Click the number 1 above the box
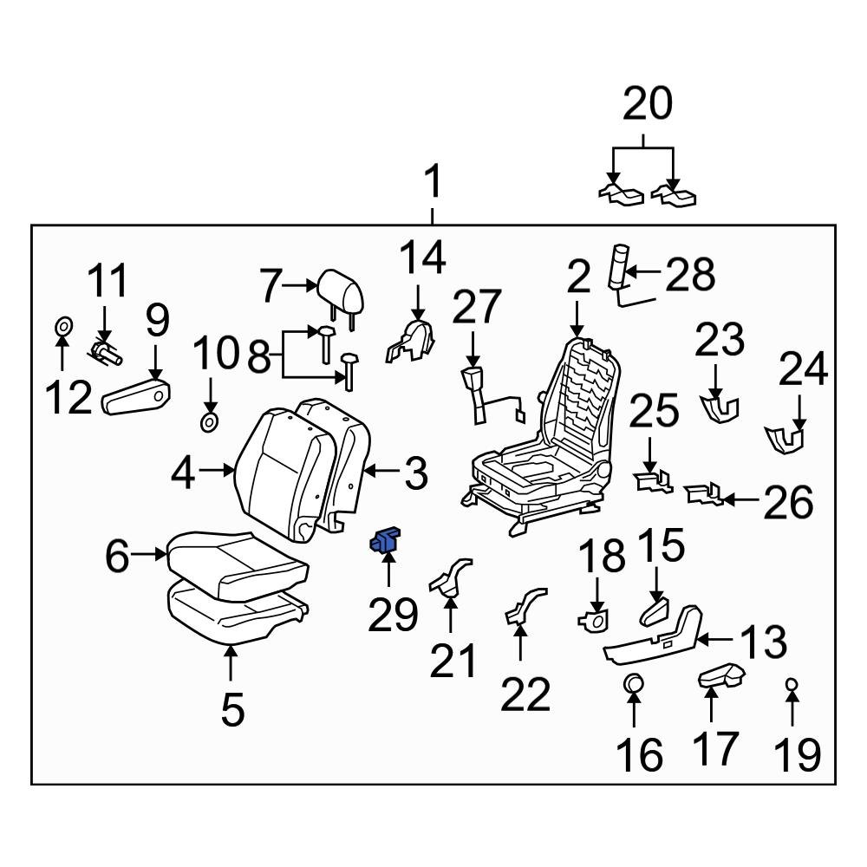tap(433, 185)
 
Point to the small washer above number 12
tap(62, 328)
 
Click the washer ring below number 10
tap(209, 422)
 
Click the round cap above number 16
tap(634, 684)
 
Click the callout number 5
tap(231, 710)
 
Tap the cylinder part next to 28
tap(619, 264)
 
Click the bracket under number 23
tap(719, 406)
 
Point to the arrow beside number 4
tap(217, 472)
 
